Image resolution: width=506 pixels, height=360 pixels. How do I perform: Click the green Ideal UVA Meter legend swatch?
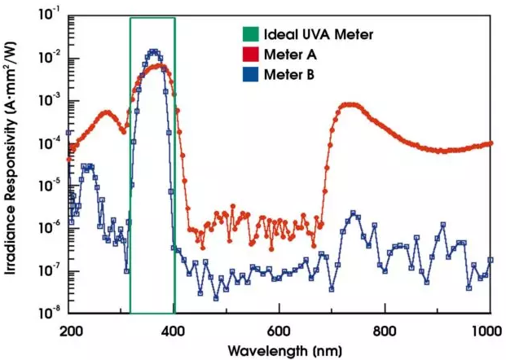tap(249, 35)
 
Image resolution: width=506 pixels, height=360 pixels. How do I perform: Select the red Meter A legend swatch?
tap(249, 55)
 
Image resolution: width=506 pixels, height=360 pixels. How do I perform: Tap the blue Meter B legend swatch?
tap(249, 76)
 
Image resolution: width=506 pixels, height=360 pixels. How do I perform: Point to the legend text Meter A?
tap(286, 55)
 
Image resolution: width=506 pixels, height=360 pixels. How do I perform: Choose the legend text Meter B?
tap(286, 76)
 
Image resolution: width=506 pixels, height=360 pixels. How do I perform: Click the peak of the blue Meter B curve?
tap(152, 51)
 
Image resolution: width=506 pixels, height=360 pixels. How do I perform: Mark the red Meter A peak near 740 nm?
tap(351, 104)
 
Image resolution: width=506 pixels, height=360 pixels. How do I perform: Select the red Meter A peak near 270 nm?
tap(106, 112)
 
